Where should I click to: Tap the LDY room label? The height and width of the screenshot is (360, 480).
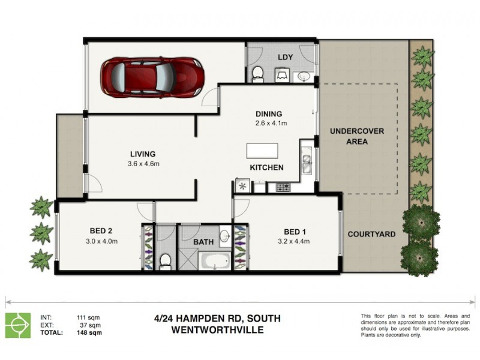[x=284, y=57]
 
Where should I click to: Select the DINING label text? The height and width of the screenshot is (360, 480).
[x=268, y=114]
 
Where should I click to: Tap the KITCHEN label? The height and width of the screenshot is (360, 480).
[x=266, y=167]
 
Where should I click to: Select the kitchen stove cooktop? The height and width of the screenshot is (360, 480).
[x=283, y=187]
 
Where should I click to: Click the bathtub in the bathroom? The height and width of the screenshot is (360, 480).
[x=214, y=261]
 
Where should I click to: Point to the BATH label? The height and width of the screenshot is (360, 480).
[x=203, y=242]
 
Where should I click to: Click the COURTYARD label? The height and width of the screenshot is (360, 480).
[x=371, y=234]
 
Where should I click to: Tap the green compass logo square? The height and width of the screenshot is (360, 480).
[x=18, y=325]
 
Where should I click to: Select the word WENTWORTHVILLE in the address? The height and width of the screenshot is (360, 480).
[x=217, y=329]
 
